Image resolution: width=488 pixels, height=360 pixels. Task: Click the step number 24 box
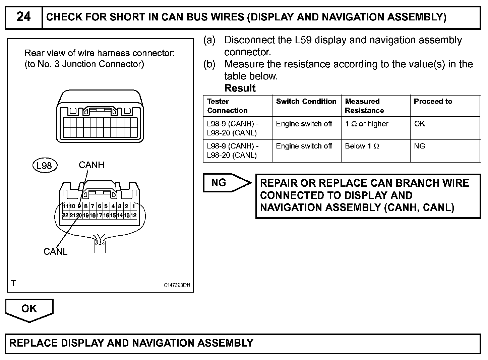point(23,17)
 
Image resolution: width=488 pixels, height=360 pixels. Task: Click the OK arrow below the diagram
point(29,309)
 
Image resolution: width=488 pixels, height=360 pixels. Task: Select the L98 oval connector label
point(45,166)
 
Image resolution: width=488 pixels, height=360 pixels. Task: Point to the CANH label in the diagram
point(91,165)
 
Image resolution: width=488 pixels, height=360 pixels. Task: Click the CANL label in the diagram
point(55,251)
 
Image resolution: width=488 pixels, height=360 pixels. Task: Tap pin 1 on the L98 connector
point(134,206)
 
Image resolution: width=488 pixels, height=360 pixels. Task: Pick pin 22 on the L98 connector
point(65,215)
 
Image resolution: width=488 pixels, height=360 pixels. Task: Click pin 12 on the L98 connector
point(134,215)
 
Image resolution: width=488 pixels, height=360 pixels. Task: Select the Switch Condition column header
point(306,102)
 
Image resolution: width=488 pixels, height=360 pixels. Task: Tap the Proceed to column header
point(433,102)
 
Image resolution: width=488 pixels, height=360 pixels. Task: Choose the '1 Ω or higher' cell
point(366,124)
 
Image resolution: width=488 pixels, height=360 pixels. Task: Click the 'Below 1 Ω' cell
point(362,146)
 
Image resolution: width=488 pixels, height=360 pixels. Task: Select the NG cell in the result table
point(419,146)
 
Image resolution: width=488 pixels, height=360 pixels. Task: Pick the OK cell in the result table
point(419,124)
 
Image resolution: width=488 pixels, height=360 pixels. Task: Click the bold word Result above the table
point(240,88)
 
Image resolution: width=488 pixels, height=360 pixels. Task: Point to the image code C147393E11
point(177,285)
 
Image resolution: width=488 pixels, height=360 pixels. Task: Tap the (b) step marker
point(209,64)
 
